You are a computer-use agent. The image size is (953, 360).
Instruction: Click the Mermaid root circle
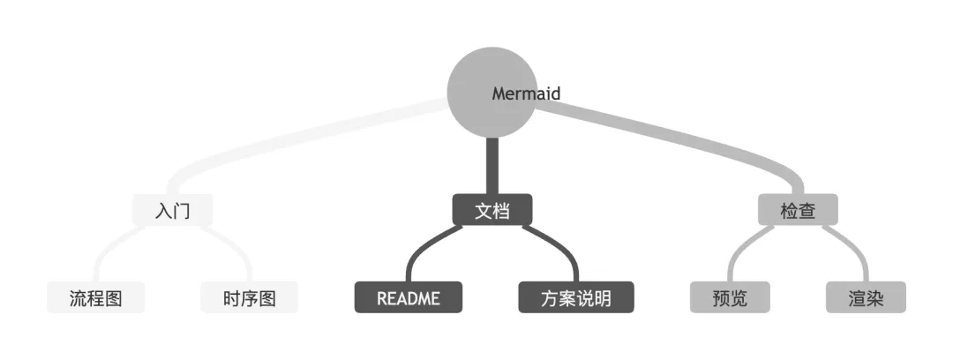pyautogui.click(x=492, y=93)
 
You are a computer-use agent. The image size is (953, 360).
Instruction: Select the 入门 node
pyautogui.click(x=173, y=210)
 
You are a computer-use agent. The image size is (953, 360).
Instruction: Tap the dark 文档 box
pyautogui.click(x=492, y=210)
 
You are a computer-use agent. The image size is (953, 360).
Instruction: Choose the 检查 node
pyautogui.click(x=798, y=210)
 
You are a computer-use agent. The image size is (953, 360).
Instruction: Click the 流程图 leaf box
pyautogui.click(x=96, y=297)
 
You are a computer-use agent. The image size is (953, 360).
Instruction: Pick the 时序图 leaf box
pyautogui.click(x=249, y=297)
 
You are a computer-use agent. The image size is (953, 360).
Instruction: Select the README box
pyautogui.click(x=409, y=297)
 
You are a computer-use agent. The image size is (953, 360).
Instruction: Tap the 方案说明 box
pyautogui.click(x=576, y=297)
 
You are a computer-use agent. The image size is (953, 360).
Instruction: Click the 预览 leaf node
pyautogui.click(x=730, y=297)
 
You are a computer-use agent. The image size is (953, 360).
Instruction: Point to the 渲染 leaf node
pyautogui.click(x=866, y=297)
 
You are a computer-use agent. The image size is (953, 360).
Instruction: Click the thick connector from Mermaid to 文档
pyautogui.click(x=492, y=166)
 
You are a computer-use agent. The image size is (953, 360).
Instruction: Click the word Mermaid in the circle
pyautogui.click(x=526, y=94)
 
